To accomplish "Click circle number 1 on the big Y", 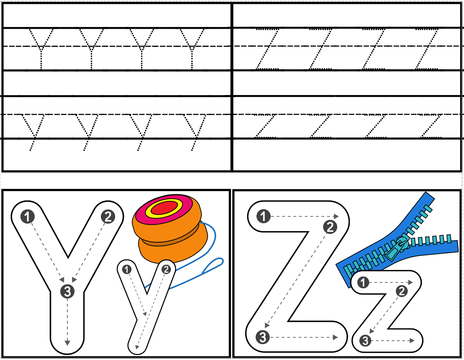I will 28,217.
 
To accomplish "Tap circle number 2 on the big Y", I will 108,217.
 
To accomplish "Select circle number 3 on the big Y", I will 67,291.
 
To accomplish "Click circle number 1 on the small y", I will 127,269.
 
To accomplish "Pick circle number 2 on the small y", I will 166,269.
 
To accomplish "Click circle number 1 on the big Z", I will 263,216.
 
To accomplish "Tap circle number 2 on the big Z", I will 330,227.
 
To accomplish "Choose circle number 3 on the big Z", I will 263,337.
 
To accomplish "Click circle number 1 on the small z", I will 363,283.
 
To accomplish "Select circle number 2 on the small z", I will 402,291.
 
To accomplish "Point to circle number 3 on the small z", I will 365,340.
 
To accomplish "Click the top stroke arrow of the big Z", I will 304,216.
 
